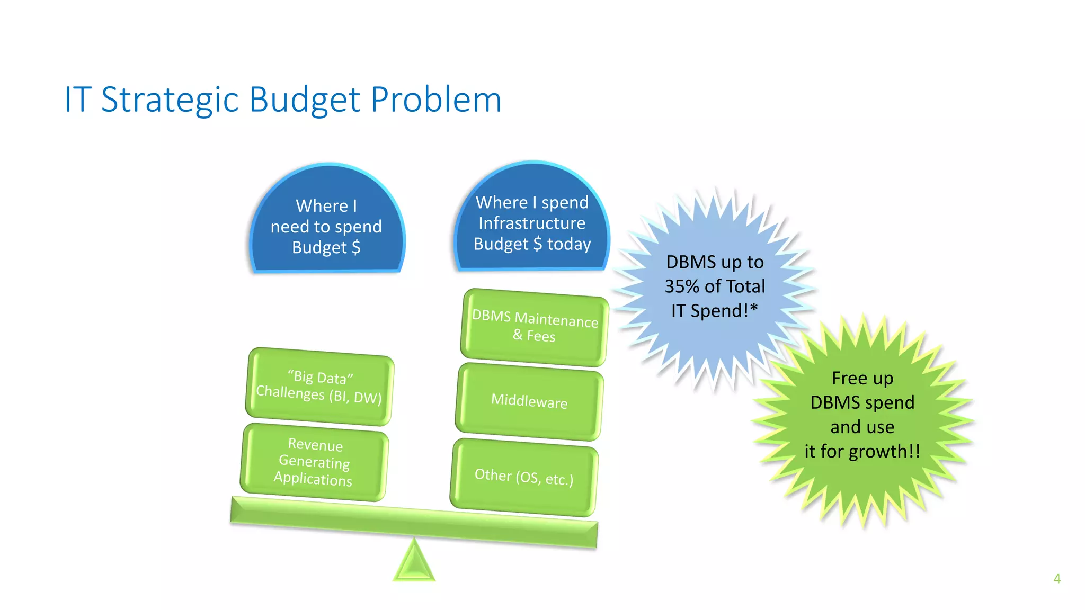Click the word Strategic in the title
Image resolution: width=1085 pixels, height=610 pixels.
(x=170, y=100)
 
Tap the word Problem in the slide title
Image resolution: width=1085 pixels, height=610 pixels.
(x=435, y=100)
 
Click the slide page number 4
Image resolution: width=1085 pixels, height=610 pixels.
(x=1056, y=579)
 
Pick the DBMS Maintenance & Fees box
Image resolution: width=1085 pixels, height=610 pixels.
(x=534, y=327)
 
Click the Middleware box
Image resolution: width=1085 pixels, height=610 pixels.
(x=529, y=401)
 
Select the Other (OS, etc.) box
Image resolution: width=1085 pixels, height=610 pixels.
(x=524, y=477)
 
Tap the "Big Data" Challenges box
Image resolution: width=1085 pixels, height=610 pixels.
(x=319, y=387)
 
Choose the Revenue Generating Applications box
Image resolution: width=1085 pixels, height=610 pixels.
(x=314, y=462)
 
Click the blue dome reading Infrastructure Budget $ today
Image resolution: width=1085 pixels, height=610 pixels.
(x=532, y=222)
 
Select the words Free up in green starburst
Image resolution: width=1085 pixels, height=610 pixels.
(x=862, y=378)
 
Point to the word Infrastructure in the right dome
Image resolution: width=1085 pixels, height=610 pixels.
(x=532, y=223)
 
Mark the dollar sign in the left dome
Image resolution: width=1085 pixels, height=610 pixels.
(x=356, y=247)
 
